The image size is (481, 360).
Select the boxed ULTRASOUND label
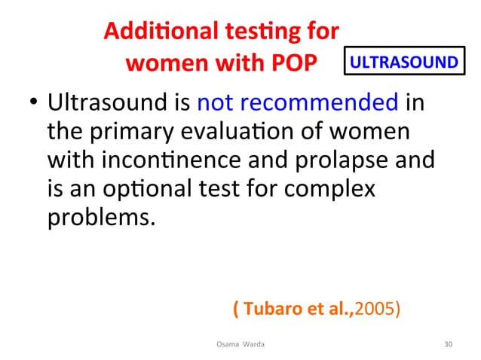[x=403, y=62]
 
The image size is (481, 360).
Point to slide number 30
[x=449, y=344]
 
